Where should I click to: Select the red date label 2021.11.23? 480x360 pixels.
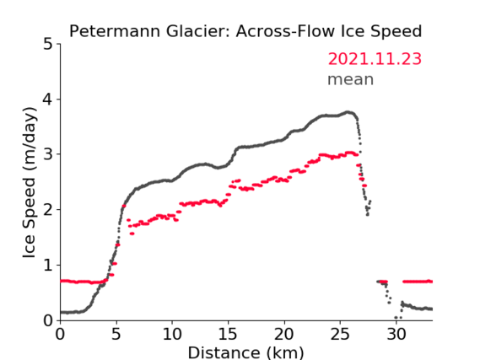pos(375,59)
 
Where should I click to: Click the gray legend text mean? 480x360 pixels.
pos(351,79)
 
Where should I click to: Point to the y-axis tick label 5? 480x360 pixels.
pos(48,45)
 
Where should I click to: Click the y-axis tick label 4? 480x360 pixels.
pos(48,99)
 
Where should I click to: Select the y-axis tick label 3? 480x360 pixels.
pos(48,154)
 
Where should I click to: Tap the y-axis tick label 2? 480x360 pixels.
pos(48,210)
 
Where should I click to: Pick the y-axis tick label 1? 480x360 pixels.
pos(48,266)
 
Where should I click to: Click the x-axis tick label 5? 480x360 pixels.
pos(116,334)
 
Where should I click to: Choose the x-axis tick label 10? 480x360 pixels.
pos(172,334)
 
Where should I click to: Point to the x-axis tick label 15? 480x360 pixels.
pos(228,334)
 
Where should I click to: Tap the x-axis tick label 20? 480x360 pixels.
pos(284,334)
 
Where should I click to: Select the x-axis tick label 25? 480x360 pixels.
pos(340,334)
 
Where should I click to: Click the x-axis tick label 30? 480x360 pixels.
pos(396,334)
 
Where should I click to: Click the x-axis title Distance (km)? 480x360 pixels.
pos(245,352)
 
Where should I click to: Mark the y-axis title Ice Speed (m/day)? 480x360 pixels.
pos(30,183)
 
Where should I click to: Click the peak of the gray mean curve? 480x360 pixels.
pos(348,112)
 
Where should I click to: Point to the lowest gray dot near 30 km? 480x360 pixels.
pos(396,318)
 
